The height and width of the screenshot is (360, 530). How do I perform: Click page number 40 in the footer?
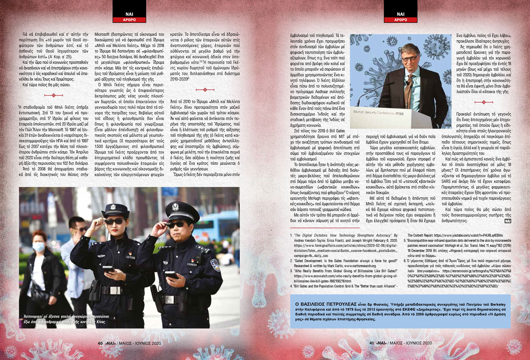pyautogui.click(x=100, y=343)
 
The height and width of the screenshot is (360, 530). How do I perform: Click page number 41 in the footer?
pyautogui.click(x=371, y=343)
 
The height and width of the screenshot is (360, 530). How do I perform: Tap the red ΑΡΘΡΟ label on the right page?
pyautogui.click(x=400, y=20)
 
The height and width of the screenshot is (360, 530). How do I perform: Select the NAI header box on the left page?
pyautogui.click(x=130, y=14)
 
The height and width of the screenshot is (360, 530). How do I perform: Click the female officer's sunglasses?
pyautogui.click(x=114, y=221)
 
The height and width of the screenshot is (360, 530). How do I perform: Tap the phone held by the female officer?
pyautogui.click(x=108, y=269)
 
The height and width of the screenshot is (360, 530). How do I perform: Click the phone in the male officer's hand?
pyautogui.click(x=171, y=274)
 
